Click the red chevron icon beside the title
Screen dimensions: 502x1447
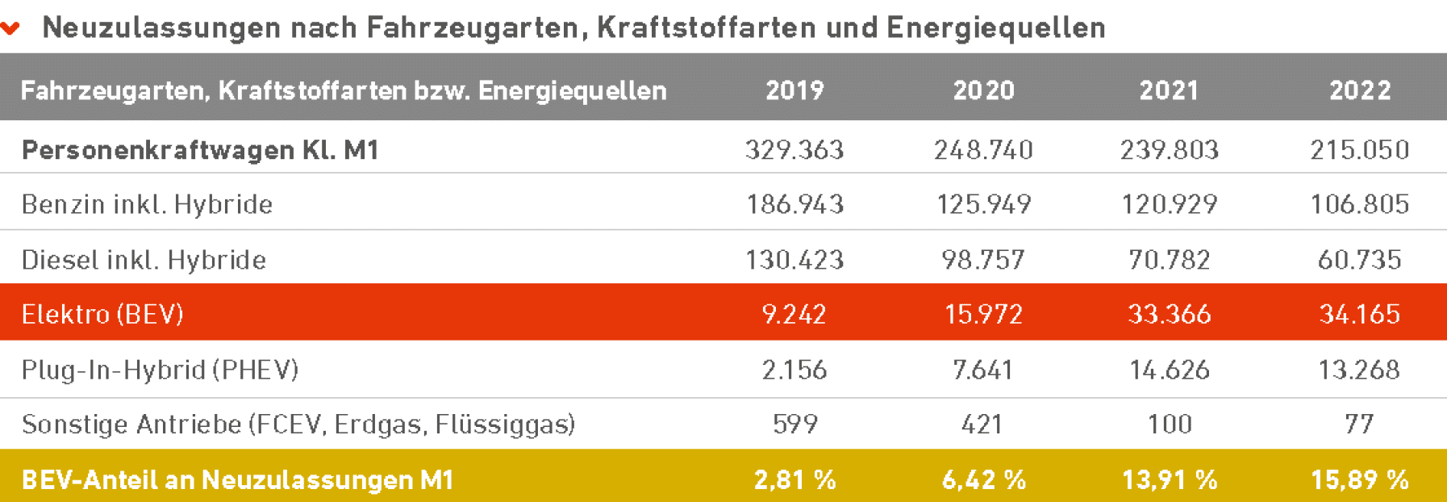[x=10, y=29]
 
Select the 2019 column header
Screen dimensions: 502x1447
[x=794, y=90]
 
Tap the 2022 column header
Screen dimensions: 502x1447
[x=1360, y=90]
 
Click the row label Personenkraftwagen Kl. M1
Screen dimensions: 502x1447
[x=200, y=150]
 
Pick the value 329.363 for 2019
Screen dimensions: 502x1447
[x=794, y=150]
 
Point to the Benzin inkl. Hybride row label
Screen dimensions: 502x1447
[x=147, y=204]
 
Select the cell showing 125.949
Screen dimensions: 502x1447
[x=983, y=204]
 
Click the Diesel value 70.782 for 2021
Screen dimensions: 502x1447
[x=1170, y=260]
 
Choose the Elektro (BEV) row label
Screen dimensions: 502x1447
[x=102, y=314]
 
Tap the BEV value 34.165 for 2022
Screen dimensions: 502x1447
[x=1360, y=314]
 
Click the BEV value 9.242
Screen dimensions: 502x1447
[x=794, y=314]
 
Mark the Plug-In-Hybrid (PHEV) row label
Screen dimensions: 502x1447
[x=160, y=370]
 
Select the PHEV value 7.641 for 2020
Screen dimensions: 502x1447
[x=982, y=370]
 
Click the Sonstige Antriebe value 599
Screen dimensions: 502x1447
[x=795, y=424]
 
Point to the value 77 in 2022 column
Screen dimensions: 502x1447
[x=1359, y=424]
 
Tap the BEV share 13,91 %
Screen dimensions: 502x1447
[x=1170, y=480]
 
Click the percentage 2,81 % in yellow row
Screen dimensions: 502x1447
[x=795, y=480]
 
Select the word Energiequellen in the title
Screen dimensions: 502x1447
[x=996, y=27]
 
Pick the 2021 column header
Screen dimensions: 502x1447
[x=1169, y=90]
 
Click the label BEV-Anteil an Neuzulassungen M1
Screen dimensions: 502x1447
[x=237, y=480]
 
